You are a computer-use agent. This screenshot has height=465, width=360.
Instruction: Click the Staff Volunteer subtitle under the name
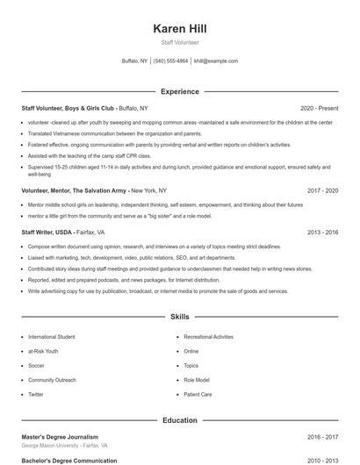tap(179, 42)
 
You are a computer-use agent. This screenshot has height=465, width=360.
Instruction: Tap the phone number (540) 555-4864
tap(170, 61)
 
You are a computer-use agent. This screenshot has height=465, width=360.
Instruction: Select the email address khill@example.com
tap(216, 61)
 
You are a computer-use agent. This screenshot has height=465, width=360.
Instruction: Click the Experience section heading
tap(179, 91)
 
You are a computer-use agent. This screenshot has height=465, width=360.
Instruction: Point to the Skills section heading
tap(179, 316)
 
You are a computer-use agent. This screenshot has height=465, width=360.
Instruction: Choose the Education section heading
tap(179, 420)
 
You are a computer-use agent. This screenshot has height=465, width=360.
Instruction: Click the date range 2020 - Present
tap(319, 108)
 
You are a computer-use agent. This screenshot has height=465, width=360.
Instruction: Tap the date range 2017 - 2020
tap(322, 214)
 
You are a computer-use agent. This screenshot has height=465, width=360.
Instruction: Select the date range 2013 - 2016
tap(322, 233)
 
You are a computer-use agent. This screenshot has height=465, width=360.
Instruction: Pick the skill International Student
tap(52, 337)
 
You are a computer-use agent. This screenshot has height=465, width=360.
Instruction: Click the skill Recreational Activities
tap(208, 337)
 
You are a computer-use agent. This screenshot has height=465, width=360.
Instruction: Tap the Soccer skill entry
tap(36, 366)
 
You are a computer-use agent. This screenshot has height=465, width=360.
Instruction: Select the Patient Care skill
tap(198, 395)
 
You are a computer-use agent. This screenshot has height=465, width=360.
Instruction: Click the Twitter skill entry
tap(36, 395)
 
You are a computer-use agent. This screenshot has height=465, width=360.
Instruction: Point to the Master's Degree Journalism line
tap(60, 436)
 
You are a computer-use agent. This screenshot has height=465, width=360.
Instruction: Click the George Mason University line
tap(64, 446)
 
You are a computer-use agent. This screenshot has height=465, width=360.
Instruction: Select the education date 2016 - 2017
tap(322, 436)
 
